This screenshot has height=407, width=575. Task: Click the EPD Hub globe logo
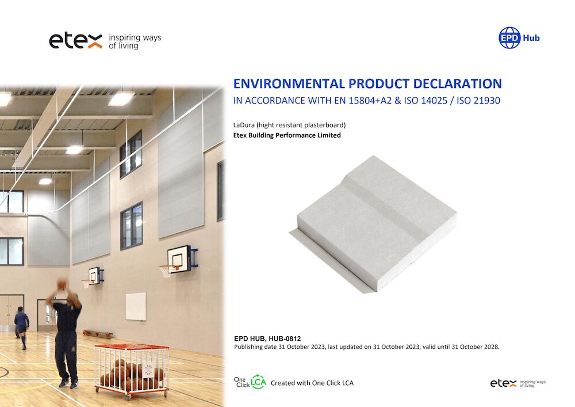[x=509, y=38]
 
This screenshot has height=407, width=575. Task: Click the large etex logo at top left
[x=76, y=40]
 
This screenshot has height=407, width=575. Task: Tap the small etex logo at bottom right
[x=503, y=383]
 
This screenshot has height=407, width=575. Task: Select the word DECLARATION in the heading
[x=457, y=83]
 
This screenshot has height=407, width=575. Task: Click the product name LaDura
[x=244, y=125]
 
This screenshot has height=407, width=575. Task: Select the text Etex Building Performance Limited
[x=287, y=135]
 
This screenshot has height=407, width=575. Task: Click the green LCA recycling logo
[x=258, y=382]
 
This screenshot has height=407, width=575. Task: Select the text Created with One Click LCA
[x=312, y=383]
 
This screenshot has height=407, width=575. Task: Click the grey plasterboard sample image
[x=373, y=223]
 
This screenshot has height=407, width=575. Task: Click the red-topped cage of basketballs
[x=131, y=371]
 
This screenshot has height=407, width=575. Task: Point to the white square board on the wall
[x=136, y=306]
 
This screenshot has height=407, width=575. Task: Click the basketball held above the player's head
[x=63, y=284]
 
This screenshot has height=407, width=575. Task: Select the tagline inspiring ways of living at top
[x=135, y=41]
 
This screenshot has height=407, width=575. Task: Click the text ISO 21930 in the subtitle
[x=478, y=101]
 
